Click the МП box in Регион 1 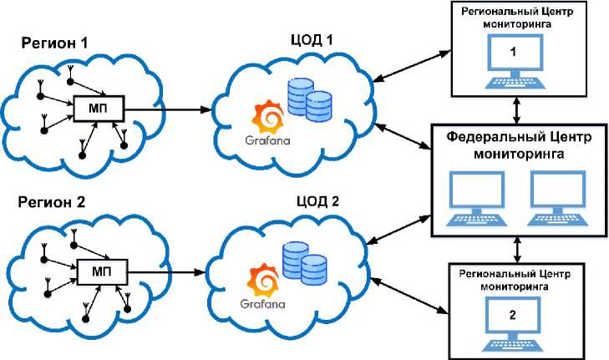point(99,108)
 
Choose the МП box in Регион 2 point(99,272)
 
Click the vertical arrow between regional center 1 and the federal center point(518,109)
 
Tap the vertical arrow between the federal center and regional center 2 point(518,249)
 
